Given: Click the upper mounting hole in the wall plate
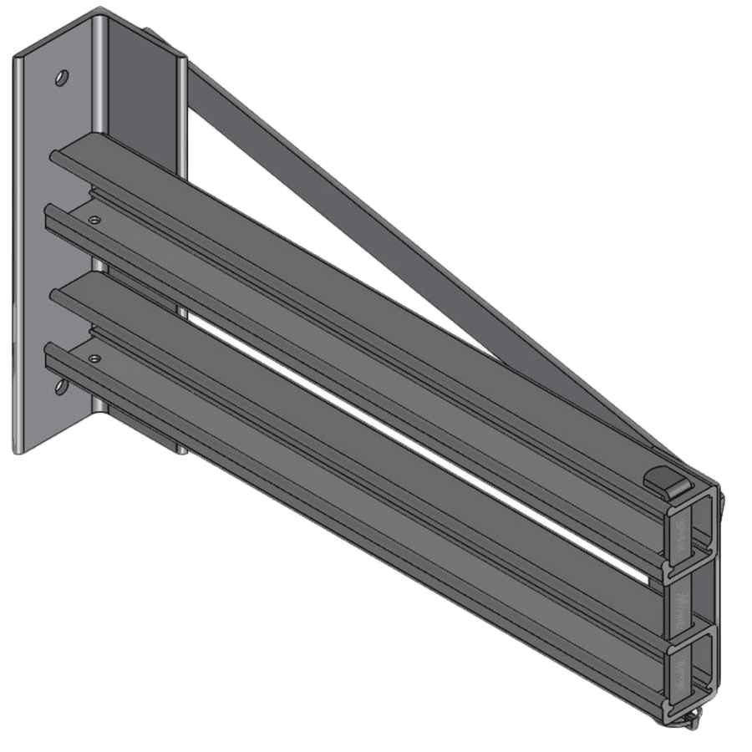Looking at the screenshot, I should (x=61, y=78).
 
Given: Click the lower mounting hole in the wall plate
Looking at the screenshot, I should (x=60, y=384).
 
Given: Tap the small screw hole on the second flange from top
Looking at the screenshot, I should (x=95, y=221).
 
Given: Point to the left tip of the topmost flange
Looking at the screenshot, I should (x=54, y=154).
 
